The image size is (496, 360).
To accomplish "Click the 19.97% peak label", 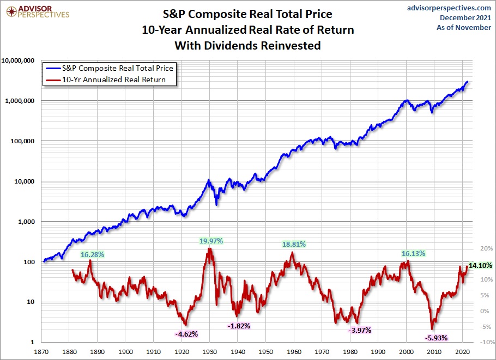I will pos(210,241).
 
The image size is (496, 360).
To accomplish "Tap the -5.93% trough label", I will pos(435,338).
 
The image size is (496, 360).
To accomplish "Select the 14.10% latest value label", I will pos(480,266).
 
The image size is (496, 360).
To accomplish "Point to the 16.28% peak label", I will pos(92,254).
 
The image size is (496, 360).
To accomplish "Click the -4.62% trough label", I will pos(186,334).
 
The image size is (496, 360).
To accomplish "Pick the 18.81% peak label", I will pos(294,245).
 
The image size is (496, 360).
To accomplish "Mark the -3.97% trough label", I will pos(359,330).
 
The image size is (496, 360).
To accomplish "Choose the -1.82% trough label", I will pos(238,326).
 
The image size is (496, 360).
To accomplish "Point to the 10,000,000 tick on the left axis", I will pos(18,60).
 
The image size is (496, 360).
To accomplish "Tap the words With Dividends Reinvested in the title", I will pos(247,46).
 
